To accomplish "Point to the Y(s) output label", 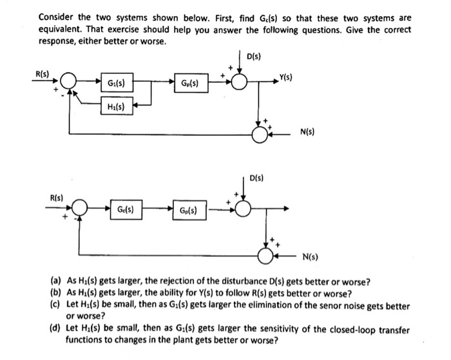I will (x=286, y=79).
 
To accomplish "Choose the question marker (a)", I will (x=56, y=282).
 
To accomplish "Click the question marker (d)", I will (x=56, y=330).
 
